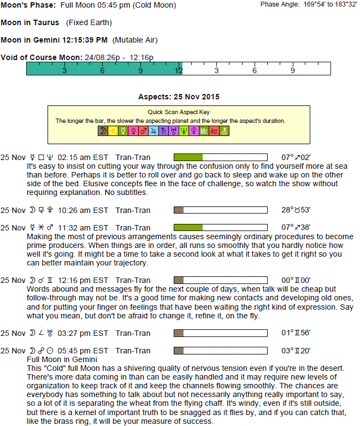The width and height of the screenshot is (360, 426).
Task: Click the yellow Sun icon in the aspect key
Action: pos(113,131)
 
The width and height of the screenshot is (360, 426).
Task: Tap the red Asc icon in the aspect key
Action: pos(214,131)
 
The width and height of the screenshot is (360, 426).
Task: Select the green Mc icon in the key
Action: pos(204,131)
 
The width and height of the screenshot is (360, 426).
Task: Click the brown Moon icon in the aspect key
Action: pos(103,131)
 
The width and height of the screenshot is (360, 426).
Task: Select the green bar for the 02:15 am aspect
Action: pos(188,157)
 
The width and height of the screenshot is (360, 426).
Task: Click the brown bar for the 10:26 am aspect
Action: pos(178,210)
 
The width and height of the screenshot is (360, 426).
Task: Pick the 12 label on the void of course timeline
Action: pos(179,70)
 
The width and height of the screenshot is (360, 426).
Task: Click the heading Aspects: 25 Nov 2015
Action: pos(179,97)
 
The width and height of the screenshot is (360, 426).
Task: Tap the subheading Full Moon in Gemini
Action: pos(62,359)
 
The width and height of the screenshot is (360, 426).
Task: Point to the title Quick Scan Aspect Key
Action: pos(179,112)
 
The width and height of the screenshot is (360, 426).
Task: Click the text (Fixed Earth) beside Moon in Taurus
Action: pos(88,23)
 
